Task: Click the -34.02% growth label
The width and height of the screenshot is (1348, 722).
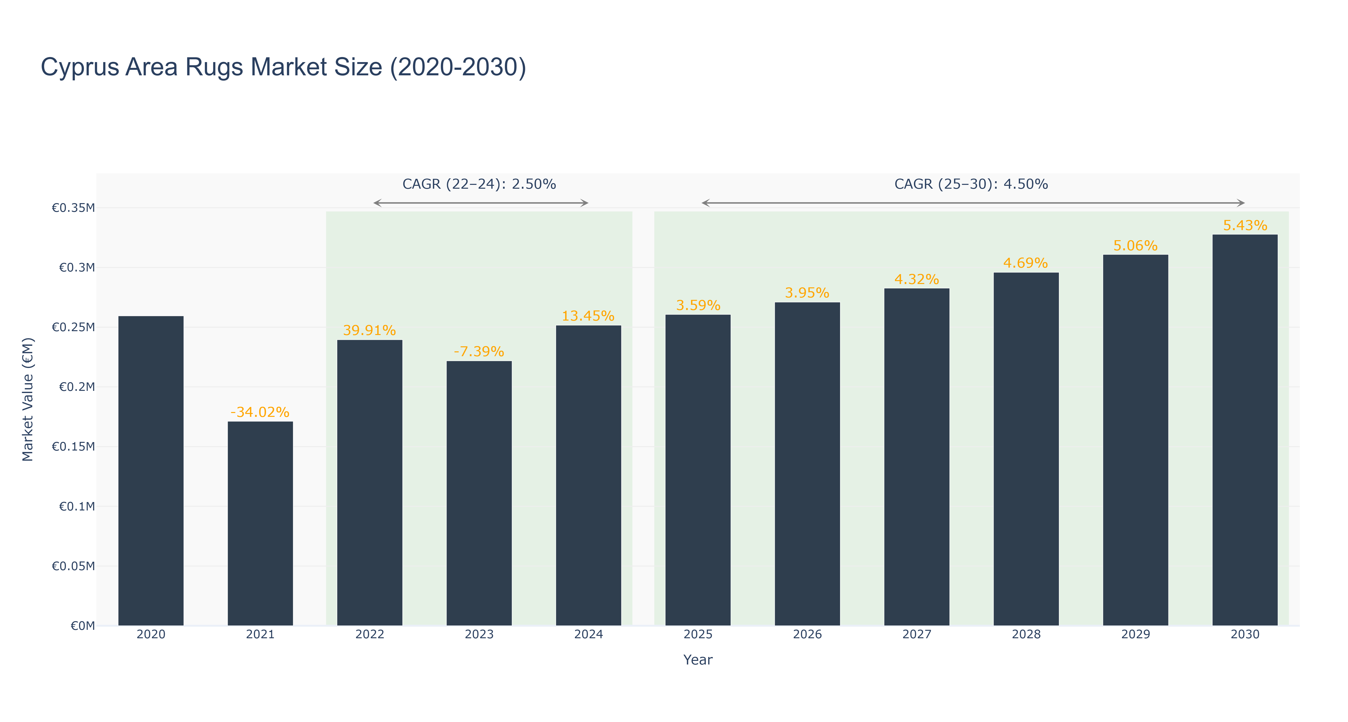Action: pos(260,412)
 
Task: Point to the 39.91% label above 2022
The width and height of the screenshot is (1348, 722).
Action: pos(369,331)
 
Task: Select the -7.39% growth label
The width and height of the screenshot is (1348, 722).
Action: pos(479,352)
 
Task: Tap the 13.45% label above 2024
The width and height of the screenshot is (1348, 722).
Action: pos(588,316)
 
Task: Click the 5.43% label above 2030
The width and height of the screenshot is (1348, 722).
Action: pos(1245,226)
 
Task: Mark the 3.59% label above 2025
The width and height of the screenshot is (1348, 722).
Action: pos(698,306)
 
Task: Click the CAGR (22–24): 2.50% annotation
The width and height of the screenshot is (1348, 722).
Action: pos(479,184)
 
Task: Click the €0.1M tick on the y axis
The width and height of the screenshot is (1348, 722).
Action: pos(77,506)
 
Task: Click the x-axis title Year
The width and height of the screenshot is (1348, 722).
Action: pos(698,660)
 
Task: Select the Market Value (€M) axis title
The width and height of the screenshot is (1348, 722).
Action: pos(28,399)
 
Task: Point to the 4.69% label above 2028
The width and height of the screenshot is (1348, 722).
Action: pos(1026,263)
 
